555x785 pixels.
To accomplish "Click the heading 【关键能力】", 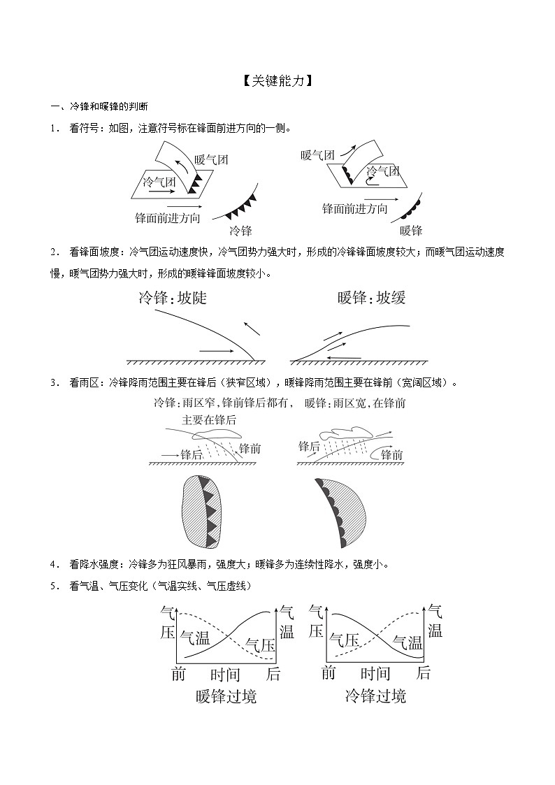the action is click(x=277, y=80).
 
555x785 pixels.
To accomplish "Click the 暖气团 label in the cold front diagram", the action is click(x=211, y=159).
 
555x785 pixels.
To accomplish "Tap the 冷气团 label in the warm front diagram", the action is click(x=383, y=171).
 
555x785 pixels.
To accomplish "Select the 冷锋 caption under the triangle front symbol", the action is click(x=240, y=231).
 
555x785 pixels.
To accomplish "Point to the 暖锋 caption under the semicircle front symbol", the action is click(x=411, y=231).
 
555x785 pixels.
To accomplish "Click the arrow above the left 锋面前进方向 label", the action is click(x=185, y=206).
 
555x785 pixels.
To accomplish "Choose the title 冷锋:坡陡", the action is click(x=172, y=298).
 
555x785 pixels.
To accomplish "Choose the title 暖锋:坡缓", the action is click(x=371, y=298).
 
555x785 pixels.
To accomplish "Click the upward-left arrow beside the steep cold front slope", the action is click(x=252, y=329).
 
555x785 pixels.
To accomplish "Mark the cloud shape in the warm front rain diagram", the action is click(x=345, y=433).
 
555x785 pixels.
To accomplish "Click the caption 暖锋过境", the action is click(x=226, y=696).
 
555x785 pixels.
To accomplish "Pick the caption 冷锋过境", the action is click(x=375, y=696).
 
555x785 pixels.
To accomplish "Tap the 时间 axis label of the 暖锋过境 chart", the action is click(x=225, y=675).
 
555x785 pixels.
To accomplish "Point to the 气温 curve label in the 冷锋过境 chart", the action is click(x=408, y=642).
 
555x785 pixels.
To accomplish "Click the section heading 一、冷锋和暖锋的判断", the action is click(x=99, y=107).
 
